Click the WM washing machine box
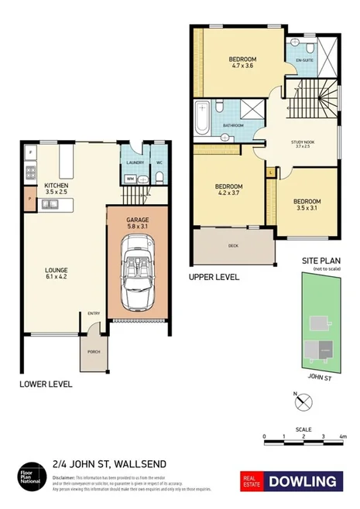(x=130, y=179)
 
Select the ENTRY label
(x=94, y=313)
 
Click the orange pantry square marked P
(x=29, y=197)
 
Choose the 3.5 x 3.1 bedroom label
(x=306, y=204)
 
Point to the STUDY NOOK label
(x=301, y=143)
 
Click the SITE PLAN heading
(x=317, y=262)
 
